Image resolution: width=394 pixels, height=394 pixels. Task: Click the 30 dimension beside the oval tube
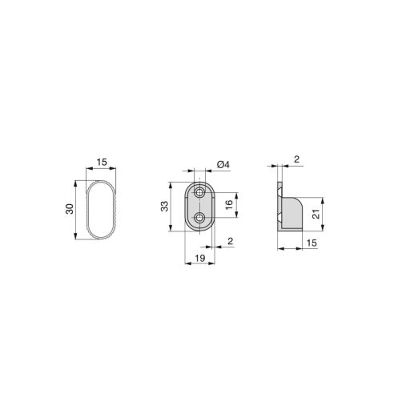(70, 209)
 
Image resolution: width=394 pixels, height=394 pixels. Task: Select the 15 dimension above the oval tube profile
(101, 163)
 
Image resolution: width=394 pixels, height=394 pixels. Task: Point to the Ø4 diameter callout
(223, 165)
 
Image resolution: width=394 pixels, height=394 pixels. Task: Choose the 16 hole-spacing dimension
(230, 205)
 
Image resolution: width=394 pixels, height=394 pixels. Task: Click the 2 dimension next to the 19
(230, 240)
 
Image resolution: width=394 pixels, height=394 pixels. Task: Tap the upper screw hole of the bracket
(199, 193)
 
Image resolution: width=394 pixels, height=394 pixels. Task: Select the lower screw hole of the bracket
(199, 217)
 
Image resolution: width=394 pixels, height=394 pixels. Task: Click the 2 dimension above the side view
(296, 159)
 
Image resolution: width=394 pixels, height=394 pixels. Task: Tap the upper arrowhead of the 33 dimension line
(171, 185)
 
